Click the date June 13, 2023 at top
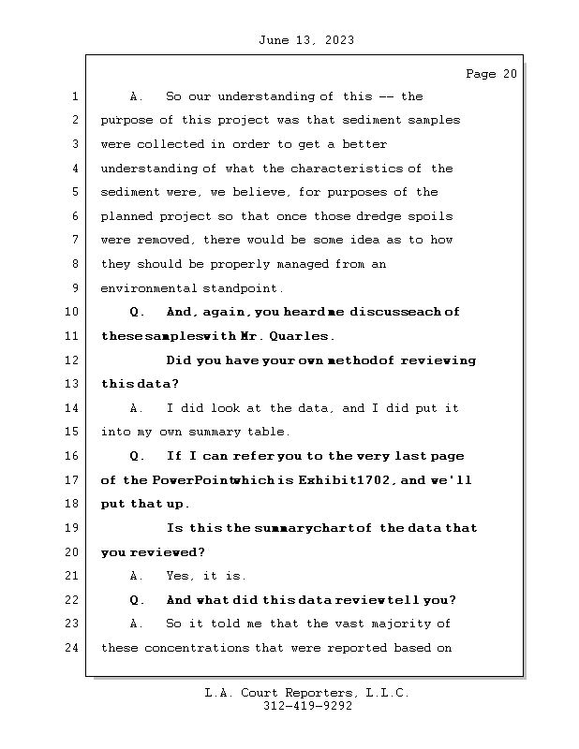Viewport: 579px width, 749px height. (304, 40)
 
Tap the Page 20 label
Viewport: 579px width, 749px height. (491, 74)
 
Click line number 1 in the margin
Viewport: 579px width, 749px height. (75, 96)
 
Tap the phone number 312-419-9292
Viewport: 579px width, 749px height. (307, 707)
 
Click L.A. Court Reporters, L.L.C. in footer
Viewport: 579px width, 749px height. (307, 693)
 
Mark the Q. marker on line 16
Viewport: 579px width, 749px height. (137, 456)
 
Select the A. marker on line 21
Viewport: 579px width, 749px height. (137, 576)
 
